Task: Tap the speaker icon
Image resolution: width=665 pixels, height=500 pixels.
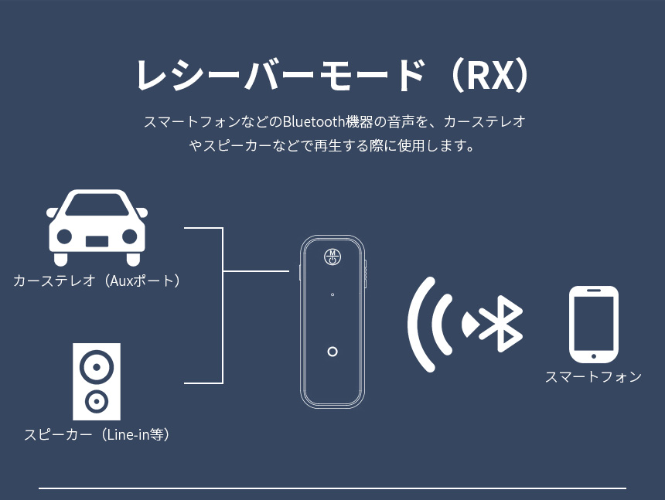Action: point(97,381)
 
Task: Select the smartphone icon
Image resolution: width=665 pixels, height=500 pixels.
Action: point(593,325)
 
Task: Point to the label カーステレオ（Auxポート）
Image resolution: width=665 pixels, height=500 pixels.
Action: point(97,281)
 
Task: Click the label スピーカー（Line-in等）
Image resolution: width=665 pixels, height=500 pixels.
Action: point(97,434)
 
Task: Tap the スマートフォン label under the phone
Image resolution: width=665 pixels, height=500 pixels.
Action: point(593,377)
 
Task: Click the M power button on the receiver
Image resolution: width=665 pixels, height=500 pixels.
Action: point(332,257)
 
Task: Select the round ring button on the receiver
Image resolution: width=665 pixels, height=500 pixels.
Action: point(332,352)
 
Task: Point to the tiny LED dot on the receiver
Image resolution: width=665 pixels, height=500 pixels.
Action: point(332,294)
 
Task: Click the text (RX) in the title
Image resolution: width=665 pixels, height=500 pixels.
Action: point(491,76)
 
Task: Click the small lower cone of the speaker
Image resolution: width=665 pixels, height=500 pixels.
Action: point(97,401)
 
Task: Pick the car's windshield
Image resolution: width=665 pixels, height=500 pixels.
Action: point(97,206)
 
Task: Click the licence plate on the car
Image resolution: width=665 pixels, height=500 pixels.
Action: point(97,240)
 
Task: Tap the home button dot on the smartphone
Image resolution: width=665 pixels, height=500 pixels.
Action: point(593,356)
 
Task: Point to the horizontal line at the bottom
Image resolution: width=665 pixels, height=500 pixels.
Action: point(332,488)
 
